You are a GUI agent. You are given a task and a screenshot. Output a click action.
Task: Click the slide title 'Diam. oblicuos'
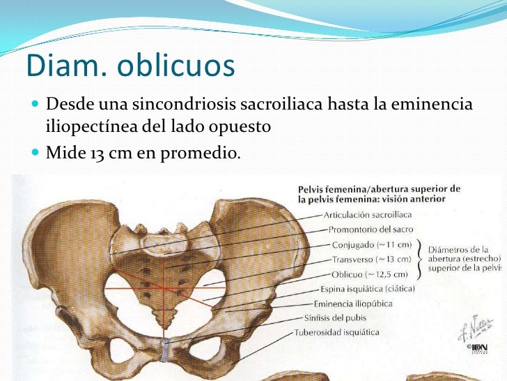coord(130,67)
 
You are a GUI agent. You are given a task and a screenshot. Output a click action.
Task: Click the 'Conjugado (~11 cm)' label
coord(372,244)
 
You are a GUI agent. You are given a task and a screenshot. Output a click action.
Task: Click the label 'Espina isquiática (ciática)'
coord(368,289)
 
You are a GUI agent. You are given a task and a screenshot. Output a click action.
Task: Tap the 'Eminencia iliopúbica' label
coord(353,304)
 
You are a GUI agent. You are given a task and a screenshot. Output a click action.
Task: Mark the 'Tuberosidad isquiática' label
coord(337,333)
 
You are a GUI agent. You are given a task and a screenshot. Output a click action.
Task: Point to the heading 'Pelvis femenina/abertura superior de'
coord(380,188)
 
